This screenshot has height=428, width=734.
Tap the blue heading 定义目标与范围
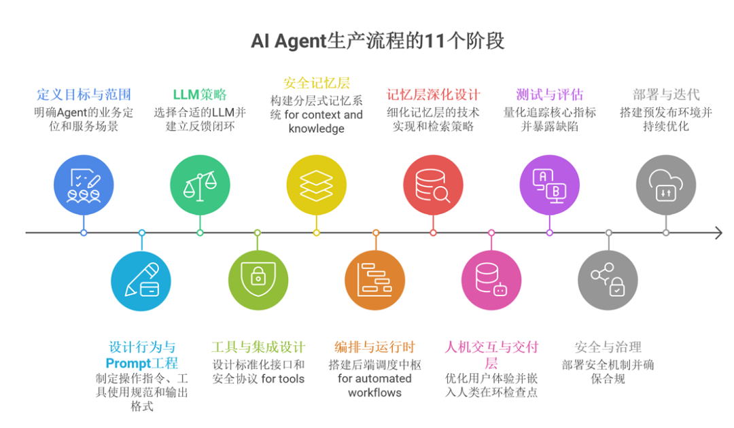[84, 94]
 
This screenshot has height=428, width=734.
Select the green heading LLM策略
[200, 94]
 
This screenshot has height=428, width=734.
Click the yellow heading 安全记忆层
[316, 83]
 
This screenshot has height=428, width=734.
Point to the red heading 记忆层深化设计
[434, 94]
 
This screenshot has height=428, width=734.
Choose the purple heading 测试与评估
[549, 94]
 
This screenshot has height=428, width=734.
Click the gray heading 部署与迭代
[666, 94]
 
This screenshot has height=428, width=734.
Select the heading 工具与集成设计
[258, 348]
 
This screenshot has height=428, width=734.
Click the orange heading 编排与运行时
[374, 348]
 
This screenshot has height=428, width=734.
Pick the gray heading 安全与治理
[608, 348]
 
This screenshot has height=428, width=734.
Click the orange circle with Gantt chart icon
[374, 280]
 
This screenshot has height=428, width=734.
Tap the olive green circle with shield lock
[258, 280]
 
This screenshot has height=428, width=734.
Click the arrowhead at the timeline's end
[718, 233]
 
